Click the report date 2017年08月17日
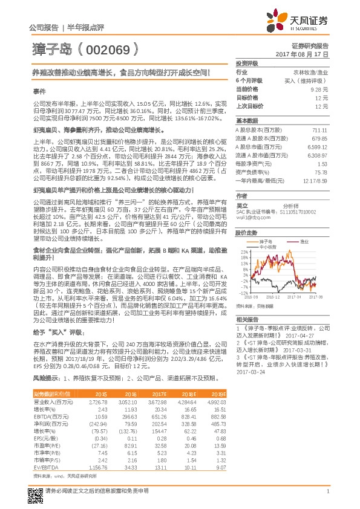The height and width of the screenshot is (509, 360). [x=305, y=54]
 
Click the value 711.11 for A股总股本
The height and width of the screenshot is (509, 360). [x=321, y=130]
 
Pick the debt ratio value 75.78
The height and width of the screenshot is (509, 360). [x=322, y=172]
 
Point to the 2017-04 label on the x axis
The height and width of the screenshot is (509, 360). [x=293, y=297]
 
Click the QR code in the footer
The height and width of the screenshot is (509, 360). [x=35, y=493]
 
